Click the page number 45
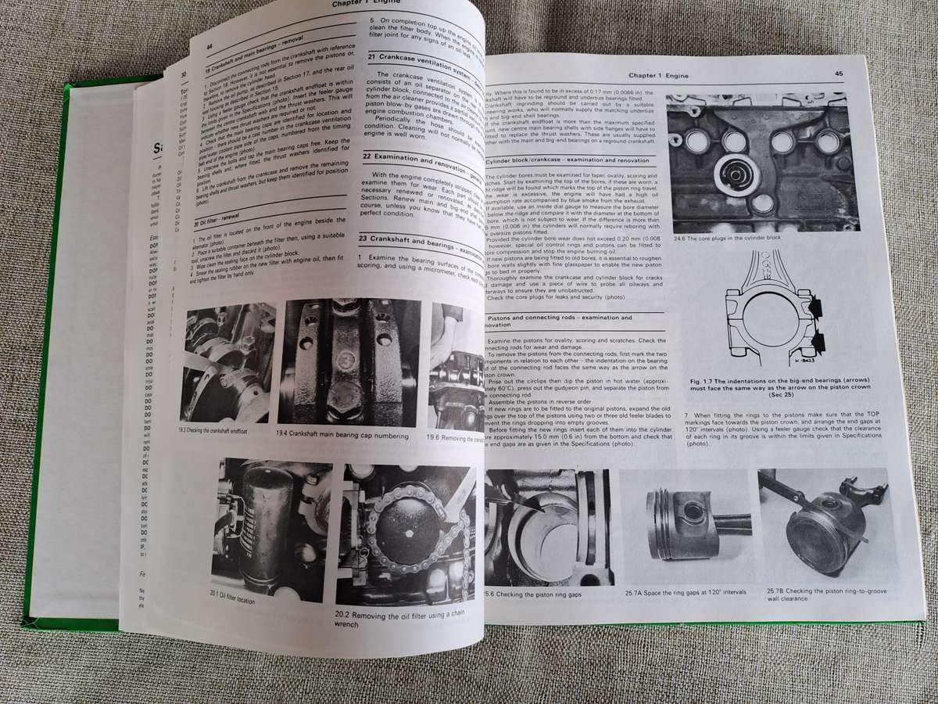pyautogui.click(x=838, y=74)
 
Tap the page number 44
pyautogui.click(x=209, y=47)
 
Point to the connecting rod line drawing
pyautogui.click(x=770, y=309)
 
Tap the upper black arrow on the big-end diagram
pyautogui.click(x=814, y=307)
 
